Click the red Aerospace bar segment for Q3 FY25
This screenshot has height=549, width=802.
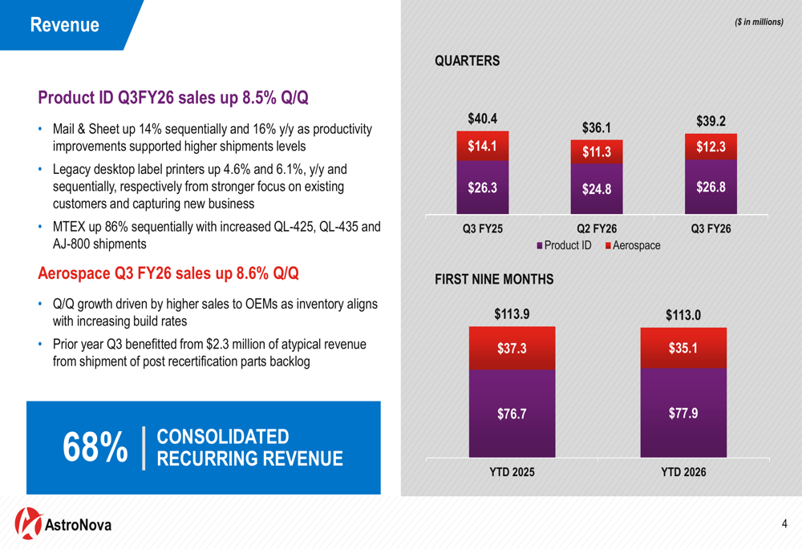coord(483,147)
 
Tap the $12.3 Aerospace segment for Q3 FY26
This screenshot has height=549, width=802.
coord(711,147)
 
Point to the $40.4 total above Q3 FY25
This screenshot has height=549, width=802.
coord(483,119)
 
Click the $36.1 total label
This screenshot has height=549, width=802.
coord(597,127)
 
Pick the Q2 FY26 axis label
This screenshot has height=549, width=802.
coord(597,228)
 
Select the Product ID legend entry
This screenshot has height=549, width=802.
coord(564,245)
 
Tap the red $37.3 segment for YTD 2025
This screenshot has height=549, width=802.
coord(512,349)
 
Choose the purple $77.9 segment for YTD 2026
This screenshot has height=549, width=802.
coord(683,413)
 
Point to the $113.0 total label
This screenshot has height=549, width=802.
coord(683,315)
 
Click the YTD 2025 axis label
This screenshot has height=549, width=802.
coord(512,473)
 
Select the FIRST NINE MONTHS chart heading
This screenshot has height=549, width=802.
coord(494,280)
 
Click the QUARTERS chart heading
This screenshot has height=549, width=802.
coord(467,61)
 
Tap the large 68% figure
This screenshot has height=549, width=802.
coord(95,446)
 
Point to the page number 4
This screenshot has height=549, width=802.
coord(784,524)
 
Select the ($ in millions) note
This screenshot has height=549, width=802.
coord(759,22)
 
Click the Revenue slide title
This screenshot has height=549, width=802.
coord(65,25)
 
